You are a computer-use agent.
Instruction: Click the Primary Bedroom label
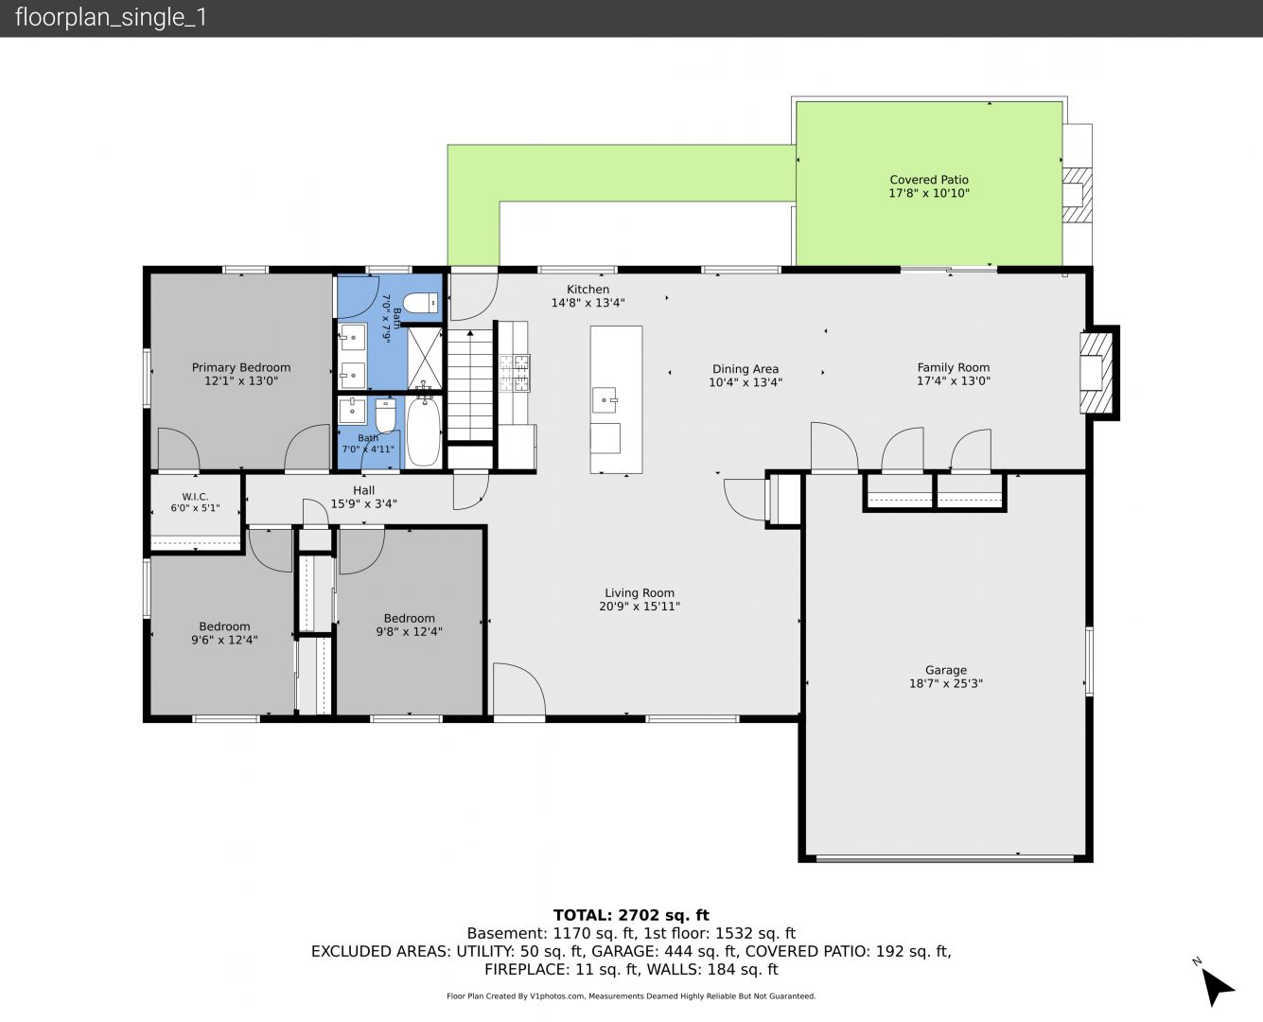[x=240, y=368]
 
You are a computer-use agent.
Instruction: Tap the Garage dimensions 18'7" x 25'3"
[x=946, y=683]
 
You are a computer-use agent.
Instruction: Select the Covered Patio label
[x=929, y=180]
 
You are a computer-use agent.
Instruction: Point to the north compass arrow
[x=1216, y=988]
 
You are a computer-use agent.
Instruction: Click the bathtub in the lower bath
[x=424, y=432]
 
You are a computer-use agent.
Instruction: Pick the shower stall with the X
[x=425, y=359]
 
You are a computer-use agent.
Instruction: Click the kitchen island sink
[x=605, y=400]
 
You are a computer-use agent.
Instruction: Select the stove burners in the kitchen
[x=514, y=373]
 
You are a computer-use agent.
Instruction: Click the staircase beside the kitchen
[x=469, y=385]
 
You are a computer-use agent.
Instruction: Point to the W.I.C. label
[x=195, y=497]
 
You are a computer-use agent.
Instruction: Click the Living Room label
[x=640, y=593]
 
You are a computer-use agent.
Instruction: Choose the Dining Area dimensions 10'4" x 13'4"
[x=746, y=382]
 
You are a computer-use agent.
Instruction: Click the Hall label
[x=363, y=490]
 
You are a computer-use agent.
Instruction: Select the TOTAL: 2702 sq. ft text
[x=631, y=915]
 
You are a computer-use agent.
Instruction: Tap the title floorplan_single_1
[x=111, y=18]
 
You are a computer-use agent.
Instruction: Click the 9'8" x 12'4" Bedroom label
[x=409, y=626]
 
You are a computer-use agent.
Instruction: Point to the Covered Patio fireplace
[x=1077, y=195]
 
